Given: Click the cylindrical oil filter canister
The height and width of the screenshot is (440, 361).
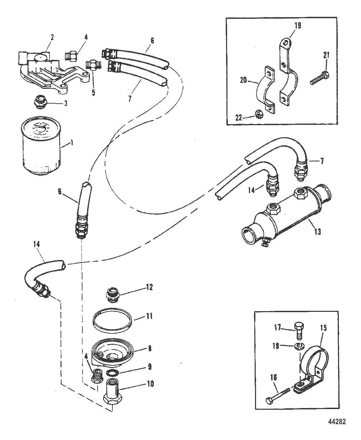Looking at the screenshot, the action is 41,146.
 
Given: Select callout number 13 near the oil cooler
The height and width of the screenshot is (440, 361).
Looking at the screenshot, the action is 317,231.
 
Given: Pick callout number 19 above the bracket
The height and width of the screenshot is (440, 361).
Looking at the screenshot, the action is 298,26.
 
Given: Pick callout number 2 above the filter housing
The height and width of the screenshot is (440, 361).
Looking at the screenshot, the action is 52,37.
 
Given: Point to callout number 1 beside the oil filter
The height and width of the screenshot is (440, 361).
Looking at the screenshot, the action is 72,143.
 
